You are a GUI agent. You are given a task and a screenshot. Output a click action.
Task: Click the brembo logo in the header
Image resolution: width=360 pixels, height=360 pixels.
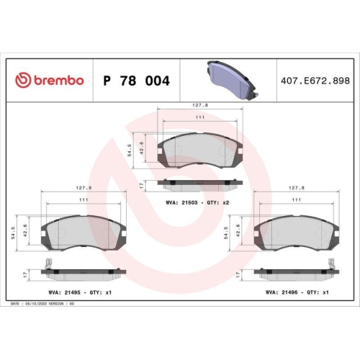point(50,81)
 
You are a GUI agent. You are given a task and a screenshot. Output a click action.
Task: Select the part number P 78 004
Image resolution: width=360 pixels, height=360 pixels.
point(137,81)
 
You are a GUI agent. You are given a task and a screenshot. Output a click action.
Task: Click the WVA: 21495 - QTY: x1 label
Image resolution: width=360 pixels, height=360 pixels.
point(80,292)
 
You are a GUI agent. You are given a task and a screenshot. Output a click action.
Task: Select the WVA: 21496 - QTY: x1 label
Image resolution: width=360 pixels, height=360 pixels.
point(297,292)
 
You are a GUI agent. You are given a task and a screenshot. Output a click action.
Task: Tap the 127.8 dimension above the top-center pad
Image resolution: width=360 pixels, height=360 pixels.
point(200,105)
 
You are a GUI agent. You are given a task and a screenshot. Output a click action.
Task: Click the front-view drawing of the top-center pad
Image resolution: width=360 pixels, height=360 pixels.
point(199,149)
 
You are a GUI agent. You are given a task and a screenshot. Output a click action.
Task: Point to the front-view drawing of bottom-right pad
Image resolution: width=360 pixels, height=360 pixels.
point(297,231)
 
